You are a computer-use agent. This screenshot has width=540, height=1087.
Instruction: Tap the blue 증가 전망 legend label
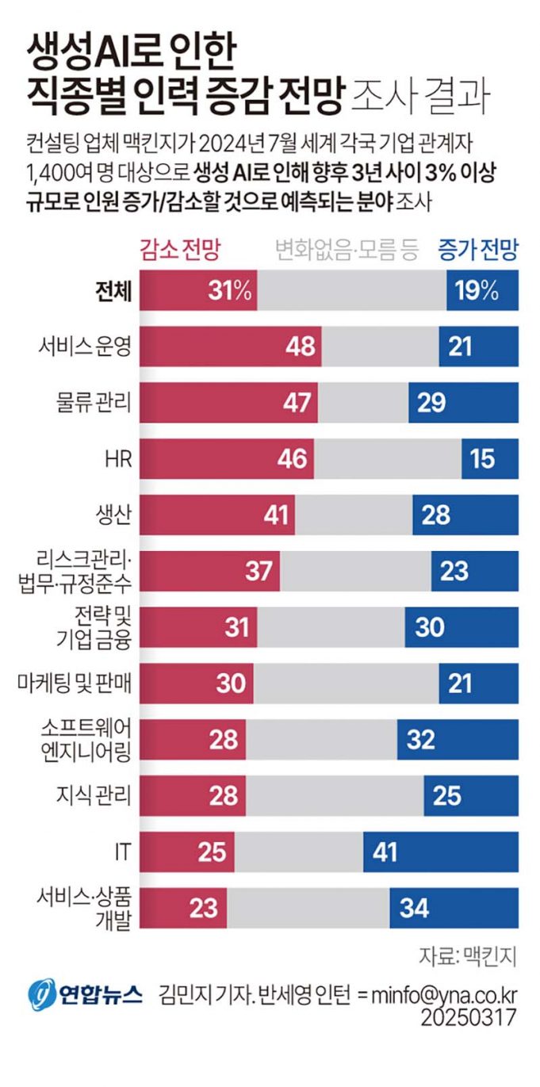click(x=477, y=251)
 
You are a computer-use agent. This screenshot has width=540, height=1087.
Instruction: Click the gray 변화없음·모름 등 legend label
click(x=346, y=251)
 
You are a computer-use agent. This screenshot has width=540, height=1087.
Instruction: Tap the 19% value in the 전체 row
click(x=477, y=290)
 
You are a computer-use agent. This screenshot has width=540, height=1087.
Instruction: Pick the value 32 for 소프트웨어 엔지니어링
click(x=421, y=739)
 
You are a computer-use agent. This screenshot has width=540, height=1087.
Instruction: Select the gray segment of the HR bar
click(x=387, y=458)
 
